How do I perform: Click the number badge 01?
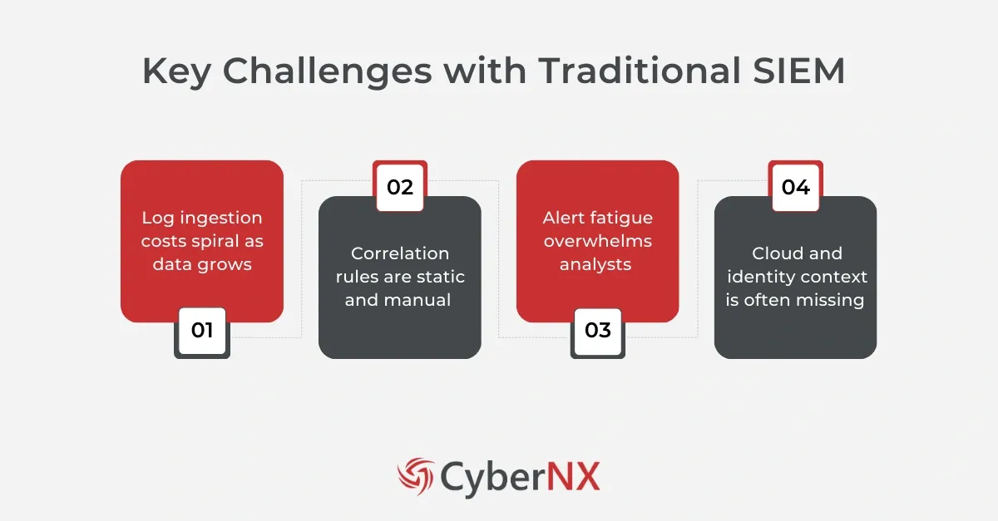pyautogui.click(x=202, y=330)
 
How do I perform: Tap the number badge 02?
pyautogui.click(x=400, y=187)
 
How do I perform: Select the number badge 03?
pyautogui.click(x=598, y=330)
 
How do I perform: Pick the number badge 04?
pyautogui.click(x=796, y=187)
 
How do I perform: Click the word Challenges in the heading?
pyautogui.click(x=327, y=71)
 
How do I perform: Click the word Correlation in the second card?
pyautogui.click(x=400, y=253)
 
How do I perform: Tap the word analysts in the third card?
pyautogui.click(x=598, y=264)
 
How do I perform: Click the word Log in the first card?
pyautogui.click(x=156, y=218)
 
